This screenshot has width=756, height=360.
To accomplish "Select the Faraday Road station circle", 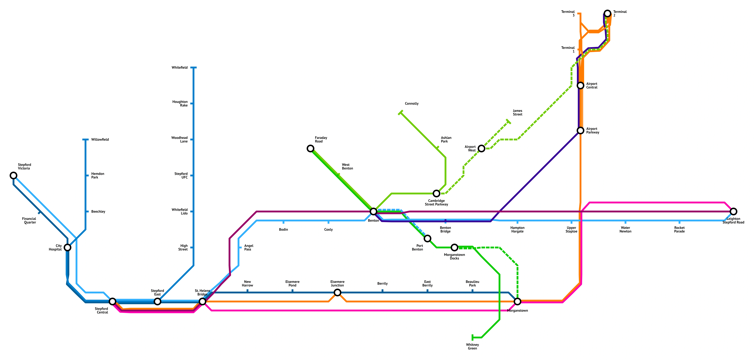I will pos(310,148).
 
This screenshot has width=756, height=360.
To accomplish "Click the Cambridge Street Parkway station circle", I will pos(436,193).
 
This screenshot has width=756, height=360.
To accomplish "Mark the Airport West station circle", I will pos(481,148).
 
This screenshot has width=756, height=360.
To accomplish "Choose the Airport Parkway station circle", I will pos(580,130).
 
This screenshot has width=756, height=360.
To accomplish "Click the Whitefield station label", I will pos(180,67).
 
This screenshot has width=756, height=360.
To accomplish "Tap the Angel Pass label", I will pos(249,248).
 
